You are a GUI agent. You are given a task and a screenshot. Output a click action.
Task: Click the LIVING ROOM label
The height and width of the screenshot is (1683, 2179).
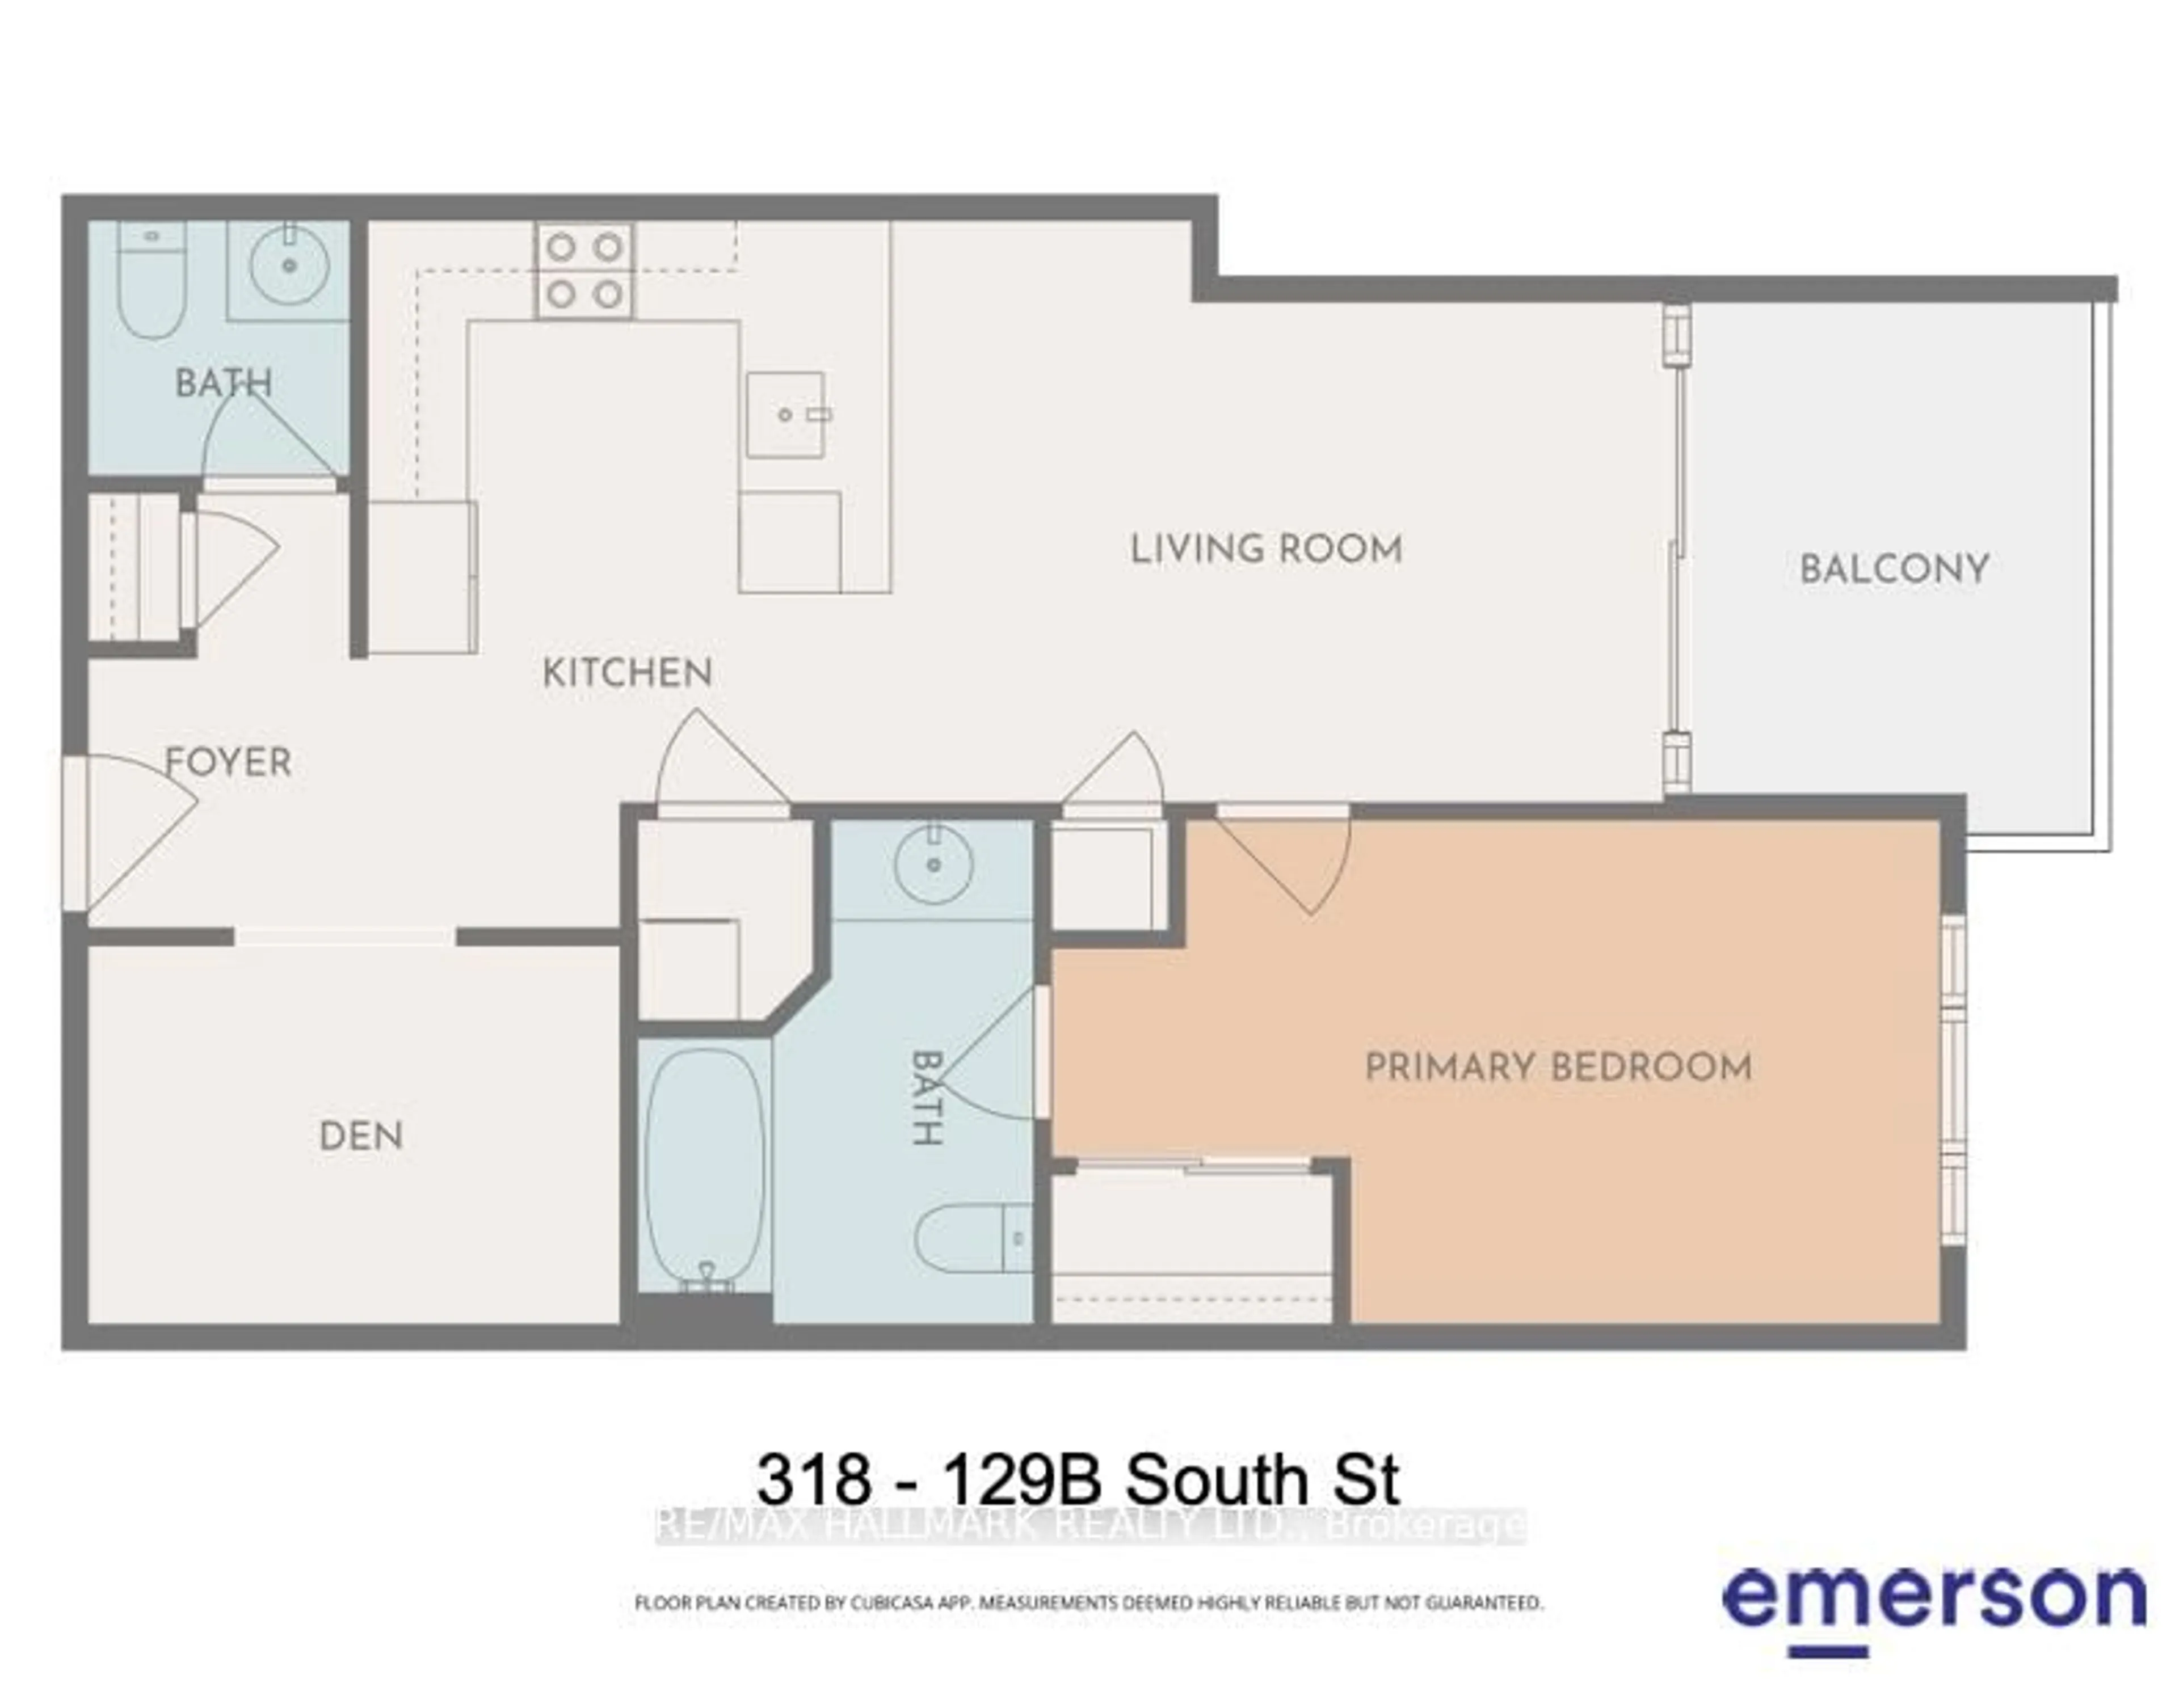pos(1265,550)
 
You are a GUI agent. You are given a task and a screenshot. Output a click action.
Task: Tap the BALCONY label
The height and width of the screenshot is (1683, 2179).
pos(1894,570)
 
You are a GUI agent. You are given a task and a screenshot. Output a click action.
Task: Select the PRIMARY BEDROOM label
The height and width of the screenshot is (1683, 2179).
pos(1558,1068)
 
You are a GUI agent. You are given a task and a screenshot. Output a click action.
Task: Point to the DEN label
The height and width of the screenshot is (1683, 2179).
pos(361,1136)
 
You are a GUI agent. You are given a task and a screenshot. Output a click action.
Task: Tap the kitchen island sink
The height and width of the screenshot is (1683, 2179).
pos(786,414)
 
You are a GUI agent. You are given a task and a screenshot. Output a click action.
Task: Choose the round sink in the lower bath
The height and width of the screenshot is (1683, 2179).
pos(933,864)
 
